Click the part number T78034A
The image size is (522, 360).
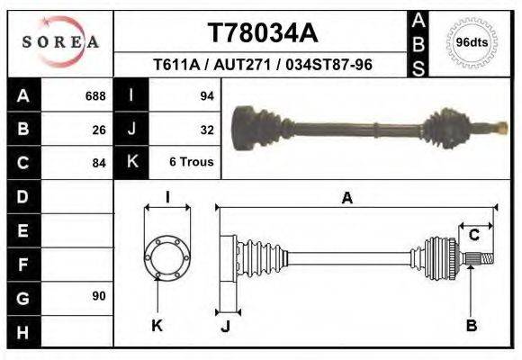[263, 33]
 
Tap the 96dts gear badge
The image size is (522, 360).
[472, 42]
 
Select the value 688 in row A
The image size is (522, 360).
[95, 95]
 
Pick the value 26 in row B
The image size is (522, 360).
[99, 129]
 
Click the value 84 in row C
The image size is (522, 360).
[99, 163]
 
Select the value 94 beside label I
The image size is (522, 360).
[206, 95]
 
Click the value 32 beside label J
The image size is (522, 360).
[206, 129]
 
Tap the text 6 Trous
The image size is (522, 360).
[192, 162]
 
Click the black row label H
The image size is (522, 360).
[22, 330]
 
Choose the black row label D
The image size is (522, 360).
[22, 196]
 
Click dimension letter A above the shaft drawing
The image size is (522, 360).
[346, 199]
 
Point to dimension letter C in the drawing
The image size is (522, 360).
[473, 235]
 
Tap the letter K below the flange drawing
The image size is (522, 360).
[157, 326]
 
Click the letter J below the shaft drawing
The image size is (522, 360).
[225, 326]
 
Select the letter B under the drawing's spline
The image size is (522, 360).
[472, 326]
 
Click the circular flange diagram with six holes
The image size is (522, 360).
[166, 255]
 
